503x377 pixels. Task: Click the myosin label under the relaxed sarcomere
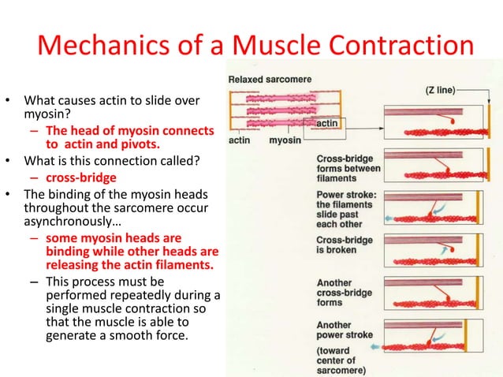pyautogui.click(x=285, y=141)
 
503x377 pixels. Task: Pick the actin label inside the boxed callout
pyautogui.click(x=326, y=125)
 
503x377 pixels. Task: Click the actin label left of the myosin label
pyautogui.click(x=240, y=141)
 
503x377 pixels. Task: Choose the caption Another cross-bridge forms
pyautogui.click(x=345, y=292)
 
